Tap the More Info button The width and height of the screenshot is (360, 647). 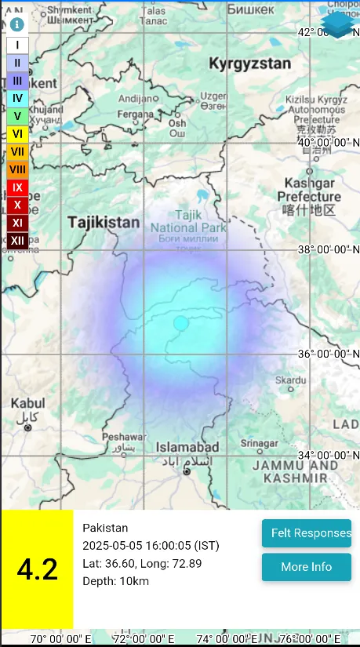point(306,567)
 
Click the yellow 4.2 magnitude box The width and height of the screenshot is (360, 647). point(37,569)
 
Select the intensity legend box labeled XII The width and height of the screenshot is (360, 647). point(17,240)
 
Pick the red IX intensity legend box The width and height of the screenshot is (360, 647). point(17,187)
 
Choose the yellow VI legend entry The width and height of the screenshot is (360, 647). point(17,134)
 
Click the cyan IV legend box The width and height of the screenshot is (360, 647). point(17,98)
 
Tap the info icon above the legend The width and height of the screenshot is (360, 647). point(16,24)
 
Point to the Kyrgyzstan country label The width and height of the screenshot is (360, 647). point(249,64)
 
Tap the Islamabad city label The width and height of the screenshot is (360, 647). point(187,446)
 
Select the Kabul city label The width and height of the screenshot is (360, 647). point(27,403)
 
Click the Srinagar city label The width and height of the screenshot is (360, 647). point(259,443)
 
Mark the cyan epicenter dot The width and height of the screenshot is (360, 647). point(181,323)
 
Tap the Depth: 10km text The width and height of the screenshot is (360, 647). point(115,581)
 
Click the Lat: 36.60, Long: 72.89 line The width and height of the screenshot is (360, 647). point(142,563)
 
